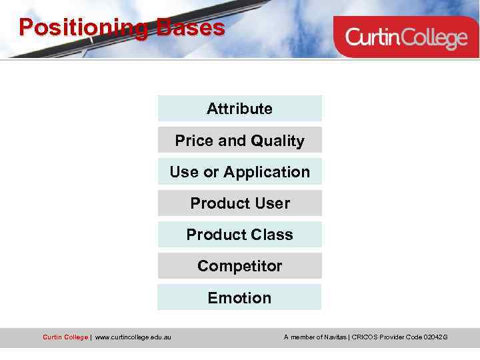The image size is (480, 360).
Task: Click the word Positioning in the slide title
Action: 85,28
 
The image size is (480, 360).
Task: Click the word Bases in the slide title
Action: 191,28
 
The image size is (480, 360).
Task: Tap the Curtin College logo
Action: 405,37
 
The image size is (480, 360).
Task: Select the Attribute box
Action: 239,109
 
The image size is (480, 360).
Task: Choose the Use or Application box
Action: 239,172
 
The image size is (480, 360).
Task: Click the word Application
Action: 267,172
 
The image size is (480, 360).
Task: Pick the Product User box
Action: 239,203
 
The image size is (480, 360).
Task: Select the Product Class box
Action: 239,235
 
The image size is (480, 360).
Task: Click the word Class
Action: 273,235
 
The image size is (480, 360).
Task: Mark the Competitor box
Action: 239,266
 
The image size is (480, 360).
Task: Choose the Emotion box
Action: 239,298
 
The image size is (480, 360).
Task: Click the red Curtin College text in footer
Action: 65,337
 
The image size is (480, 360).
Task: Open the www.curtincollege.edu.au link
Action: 133,337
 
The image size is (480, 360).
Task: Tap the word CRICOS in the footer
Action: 364,337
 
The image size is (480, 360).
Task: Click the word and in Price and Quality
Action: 232,141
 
